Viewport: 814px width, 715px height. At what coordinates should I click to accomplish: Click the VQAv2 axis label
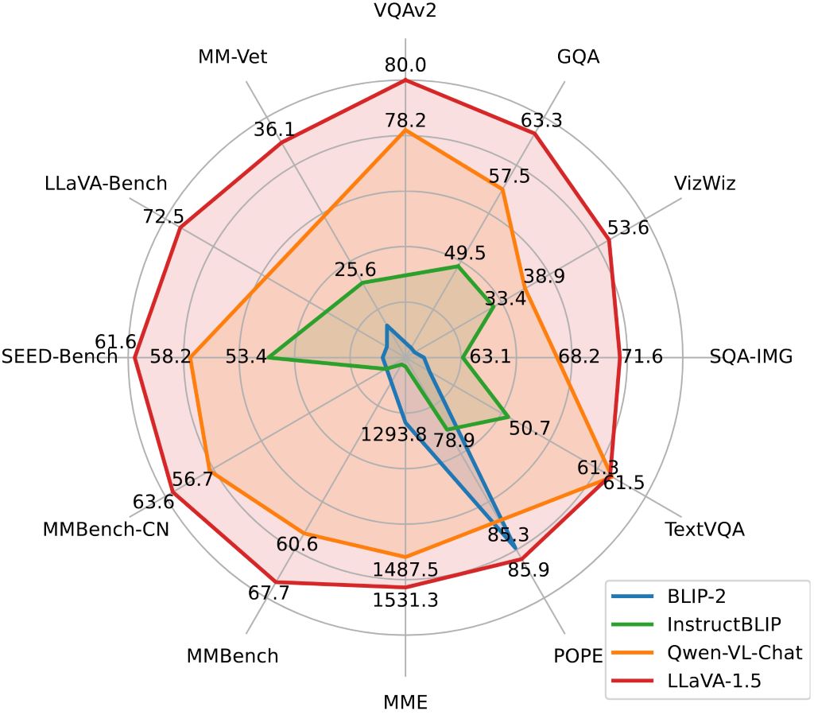point(405,11)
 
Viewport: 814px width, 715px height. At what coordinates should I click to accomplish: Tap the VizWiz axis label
point(705,184)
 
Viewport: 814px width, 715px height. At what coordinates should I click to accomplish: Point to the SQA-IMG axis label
point(751,356)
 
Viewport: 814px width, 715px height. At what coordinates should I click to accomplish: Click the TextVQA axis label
point(704,530)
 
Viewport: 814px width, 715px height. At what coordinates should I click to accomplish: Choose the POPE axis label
point(578,657)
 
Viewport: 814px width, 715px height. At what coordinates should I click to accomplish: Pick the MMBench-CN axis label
point(106,530)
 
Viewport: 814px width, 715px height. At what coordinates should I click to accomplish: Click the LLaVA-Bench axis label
point(106,184)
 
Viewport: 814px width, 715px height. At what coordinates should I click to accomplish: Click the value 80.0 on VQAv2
point(405,64)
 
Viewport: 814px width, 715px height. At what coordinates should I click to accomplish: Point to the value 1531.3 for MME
point(405,600)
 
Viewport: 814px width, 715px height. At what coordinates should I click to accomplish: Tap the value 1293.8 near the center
point(393,435)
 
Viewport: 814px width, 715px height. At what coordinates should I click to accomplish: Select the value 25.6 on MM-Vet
point(355,270)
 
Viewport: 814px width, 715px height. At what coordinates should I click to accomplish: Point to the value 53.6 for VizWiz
point(628,228)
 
